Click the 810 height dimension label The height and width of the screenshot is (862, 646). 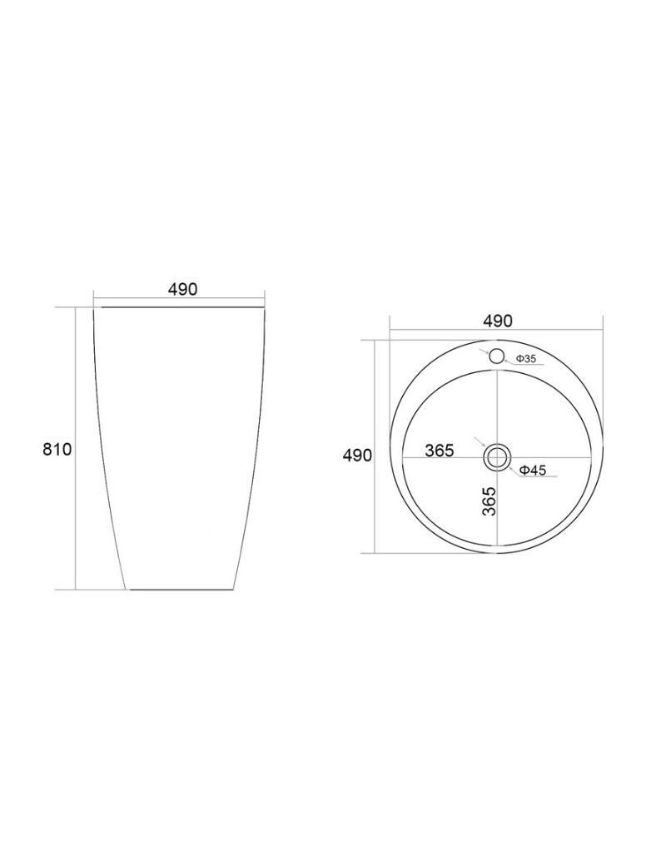point(57,449)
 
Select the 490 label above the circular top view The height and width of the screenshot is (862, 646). point(498,321)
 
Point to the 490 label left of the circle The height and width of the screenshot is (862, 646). point(357,456)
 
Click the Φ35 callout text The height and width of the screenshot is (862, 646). point(526,359)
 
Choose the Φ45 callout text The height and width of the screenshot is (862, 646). point(532,470)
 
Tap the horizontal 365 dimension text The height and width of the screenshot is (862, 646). point(440,451)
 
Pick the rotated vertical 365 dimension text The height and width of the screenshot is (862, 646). point(489,501)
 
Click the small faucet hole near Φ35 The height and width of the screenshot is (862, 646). point(496,356)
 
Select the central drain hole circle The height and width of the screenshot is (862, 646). point(497,457)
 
